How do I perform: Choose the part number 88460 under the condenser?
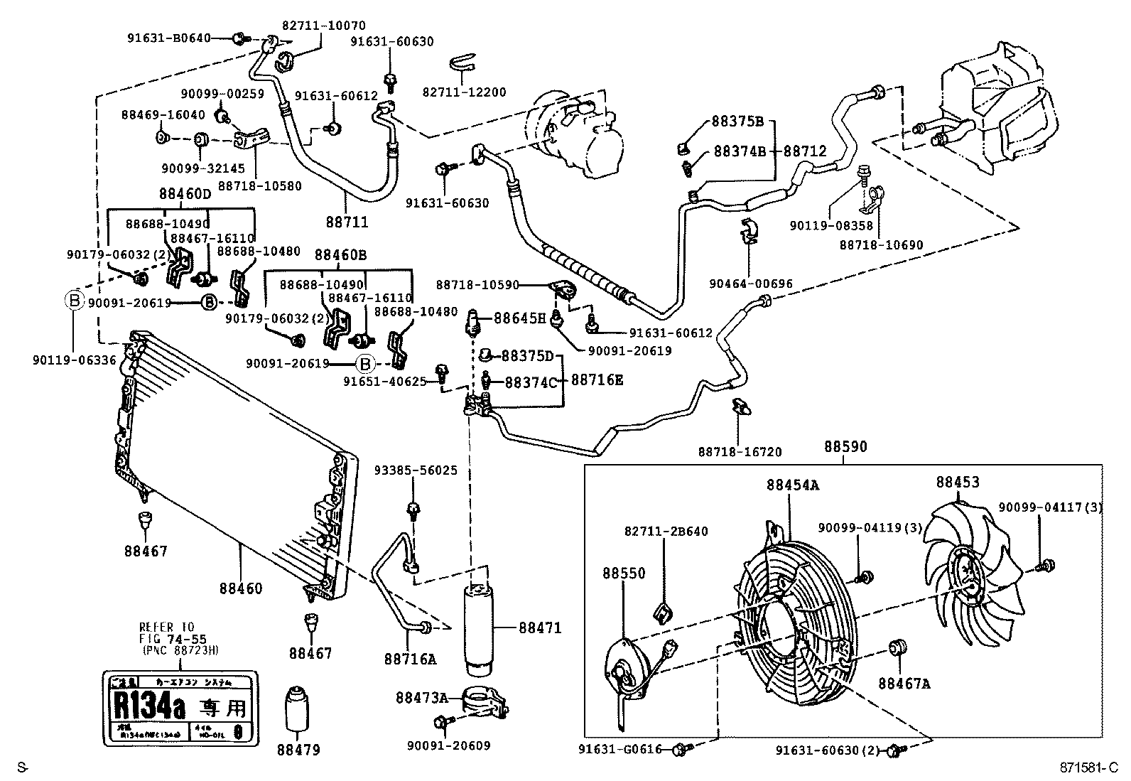coord(240,588)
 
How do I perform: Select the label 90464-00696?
coord(750,284)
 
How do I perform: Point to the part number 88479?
coord(298,750)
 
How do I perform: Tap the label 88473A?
coord(421,698)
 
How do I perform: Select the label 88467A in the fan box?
coord(904,684)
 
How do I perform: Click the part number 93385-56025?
coord(416,470)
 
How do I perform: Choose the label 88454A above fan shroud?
coord(792,485)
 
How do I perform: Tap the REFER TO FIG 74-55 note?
coord(172,639)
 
